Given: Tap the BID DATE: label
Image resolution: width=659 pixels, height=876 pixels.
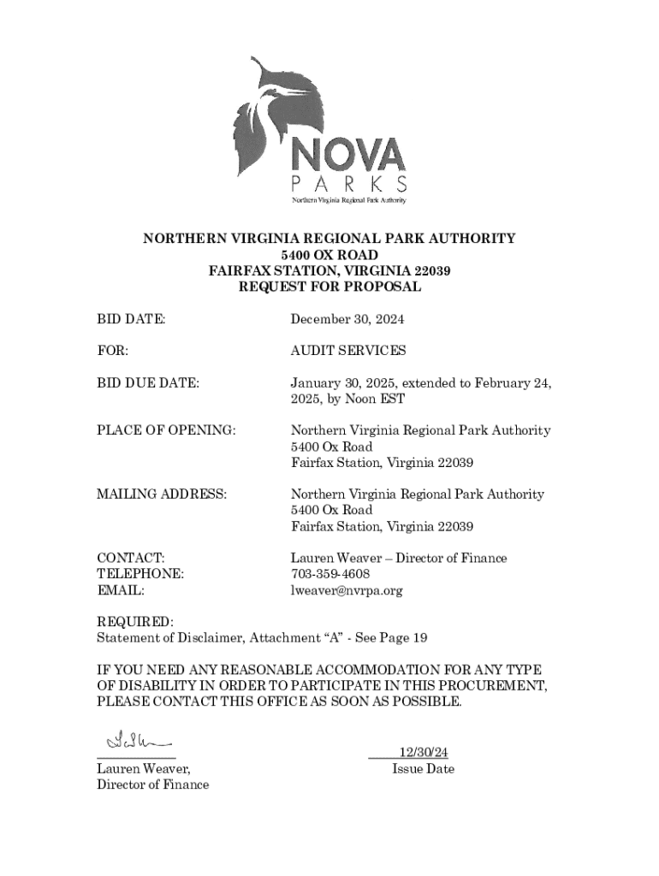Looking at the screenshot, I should (x=130, y=319).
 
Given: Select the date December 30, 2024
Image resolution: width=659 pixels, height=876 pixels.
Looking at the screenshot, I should (x=347, y=319).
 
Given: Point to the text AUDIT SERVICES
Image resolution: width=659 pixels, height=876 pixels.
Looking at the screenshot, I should (x=347, y=351).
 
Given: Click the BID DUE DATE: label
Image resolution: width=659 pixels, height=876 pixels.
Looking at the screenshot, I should (x=147, y=382).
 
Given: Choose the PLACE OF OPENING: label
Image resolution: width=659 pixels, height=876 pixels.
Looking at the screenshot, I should (x=166, y=430).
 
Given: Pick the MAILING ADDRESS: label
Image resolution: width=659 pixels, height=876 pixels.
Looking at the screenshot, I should (x=162, y=494).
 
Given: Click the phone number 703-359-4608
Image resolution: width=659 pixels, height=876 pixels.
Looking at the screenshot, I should (x=330, y=574).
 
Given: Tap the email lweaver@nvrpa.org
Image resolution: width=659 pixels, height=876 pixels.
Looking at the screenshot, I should (x=346, y=590).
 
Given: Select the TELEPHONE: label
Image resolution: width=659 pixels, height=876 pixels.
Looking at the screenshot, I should (x=140, y=574).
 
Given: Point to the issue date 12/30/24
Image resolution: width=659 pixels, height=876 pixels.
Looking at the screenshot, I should (x=423, y=752).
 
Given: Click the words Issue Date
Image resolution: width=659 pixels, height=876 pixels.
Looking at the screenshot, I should (x=423, y=768).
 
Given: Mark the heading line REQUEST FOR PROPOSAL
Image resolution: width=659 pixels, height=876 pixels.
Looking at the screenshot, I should (x=329, y=287).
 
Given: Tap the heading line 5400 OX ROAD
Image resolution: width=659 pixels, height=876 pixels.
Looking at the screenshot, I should (x=329, y=255).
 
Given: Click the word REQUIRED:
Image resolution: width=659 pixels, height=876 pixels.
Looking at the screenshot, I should (x=135, y=622).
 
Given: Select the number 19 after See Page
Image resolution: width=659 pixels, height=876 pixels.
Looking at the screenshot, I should (x=419, y=638).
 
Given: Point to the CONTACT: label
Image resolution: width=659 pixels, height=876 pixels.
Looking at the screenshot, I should (x=130, y=558).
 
